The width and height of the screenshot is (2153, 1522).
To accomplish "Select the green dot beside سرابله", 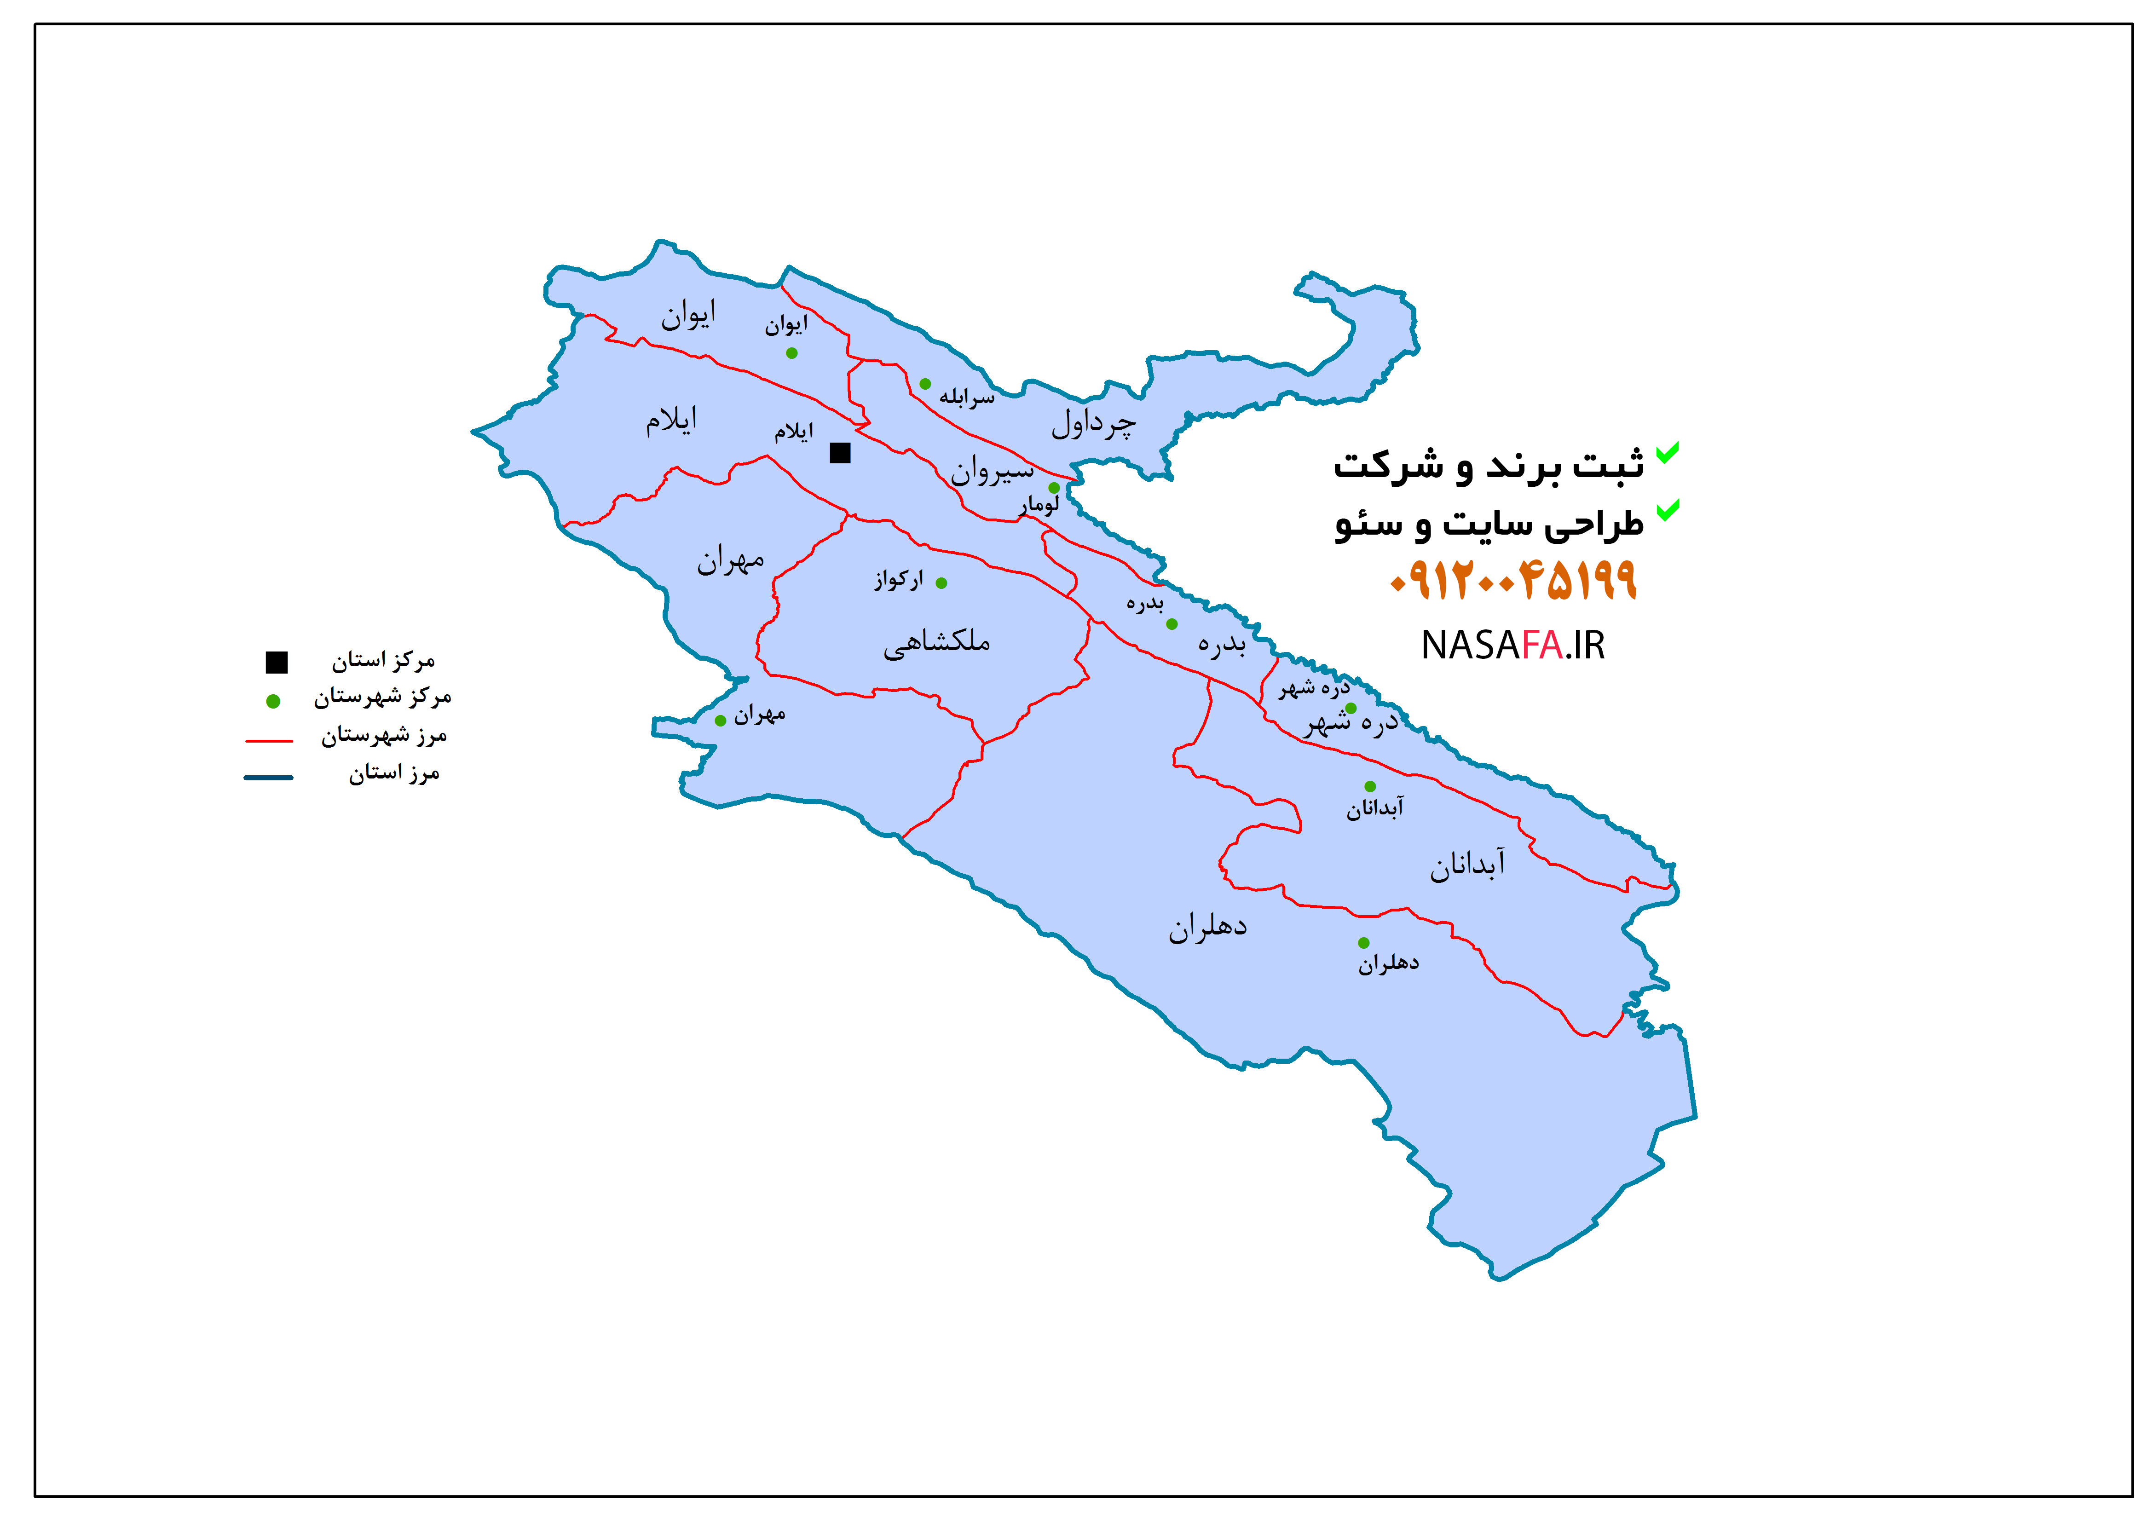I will click(924, 384).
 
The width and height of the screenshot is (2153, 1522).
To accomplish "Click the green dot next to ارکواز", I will click(941, 583).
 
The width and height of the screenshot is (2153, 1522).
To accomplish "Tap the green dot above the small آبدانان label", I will click(1370, 787).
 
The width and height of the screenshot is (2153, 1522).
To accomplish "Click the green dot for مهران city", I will click(720, 721).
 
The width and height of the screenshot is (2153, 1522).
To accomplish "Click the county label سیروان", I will click(992, 470).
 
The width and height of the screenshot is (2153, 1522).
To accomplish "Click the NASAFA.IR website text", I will click(1512, 645).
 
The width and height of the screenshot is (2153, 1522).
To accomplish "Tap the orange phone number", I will click(1512, 581).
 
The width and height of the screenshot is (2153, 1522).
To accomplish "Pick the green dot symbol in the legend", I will click(273, 701).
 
